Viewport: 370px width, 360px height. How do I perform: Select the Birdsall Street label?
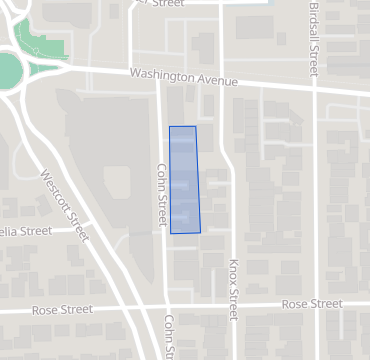pyautogui.click(x=314, y=37)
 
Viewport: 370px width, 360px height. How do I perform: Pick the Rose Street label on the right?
pyautogui.click(x=311, y=303)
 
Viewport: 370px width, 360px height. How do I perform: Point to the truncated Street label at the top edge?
pyautogui.click(x=159, y=4)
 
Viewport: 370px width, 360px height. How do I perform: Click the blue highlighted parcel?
pyautogui.click(x=184, y=180)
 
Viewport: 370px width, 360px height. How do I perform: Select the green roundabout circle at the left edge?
pyautogui.click(x=8, y=70)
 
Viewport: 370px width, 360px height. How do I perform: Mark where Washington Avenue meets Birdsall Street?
pyautogui.click(x=315, y=87)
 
